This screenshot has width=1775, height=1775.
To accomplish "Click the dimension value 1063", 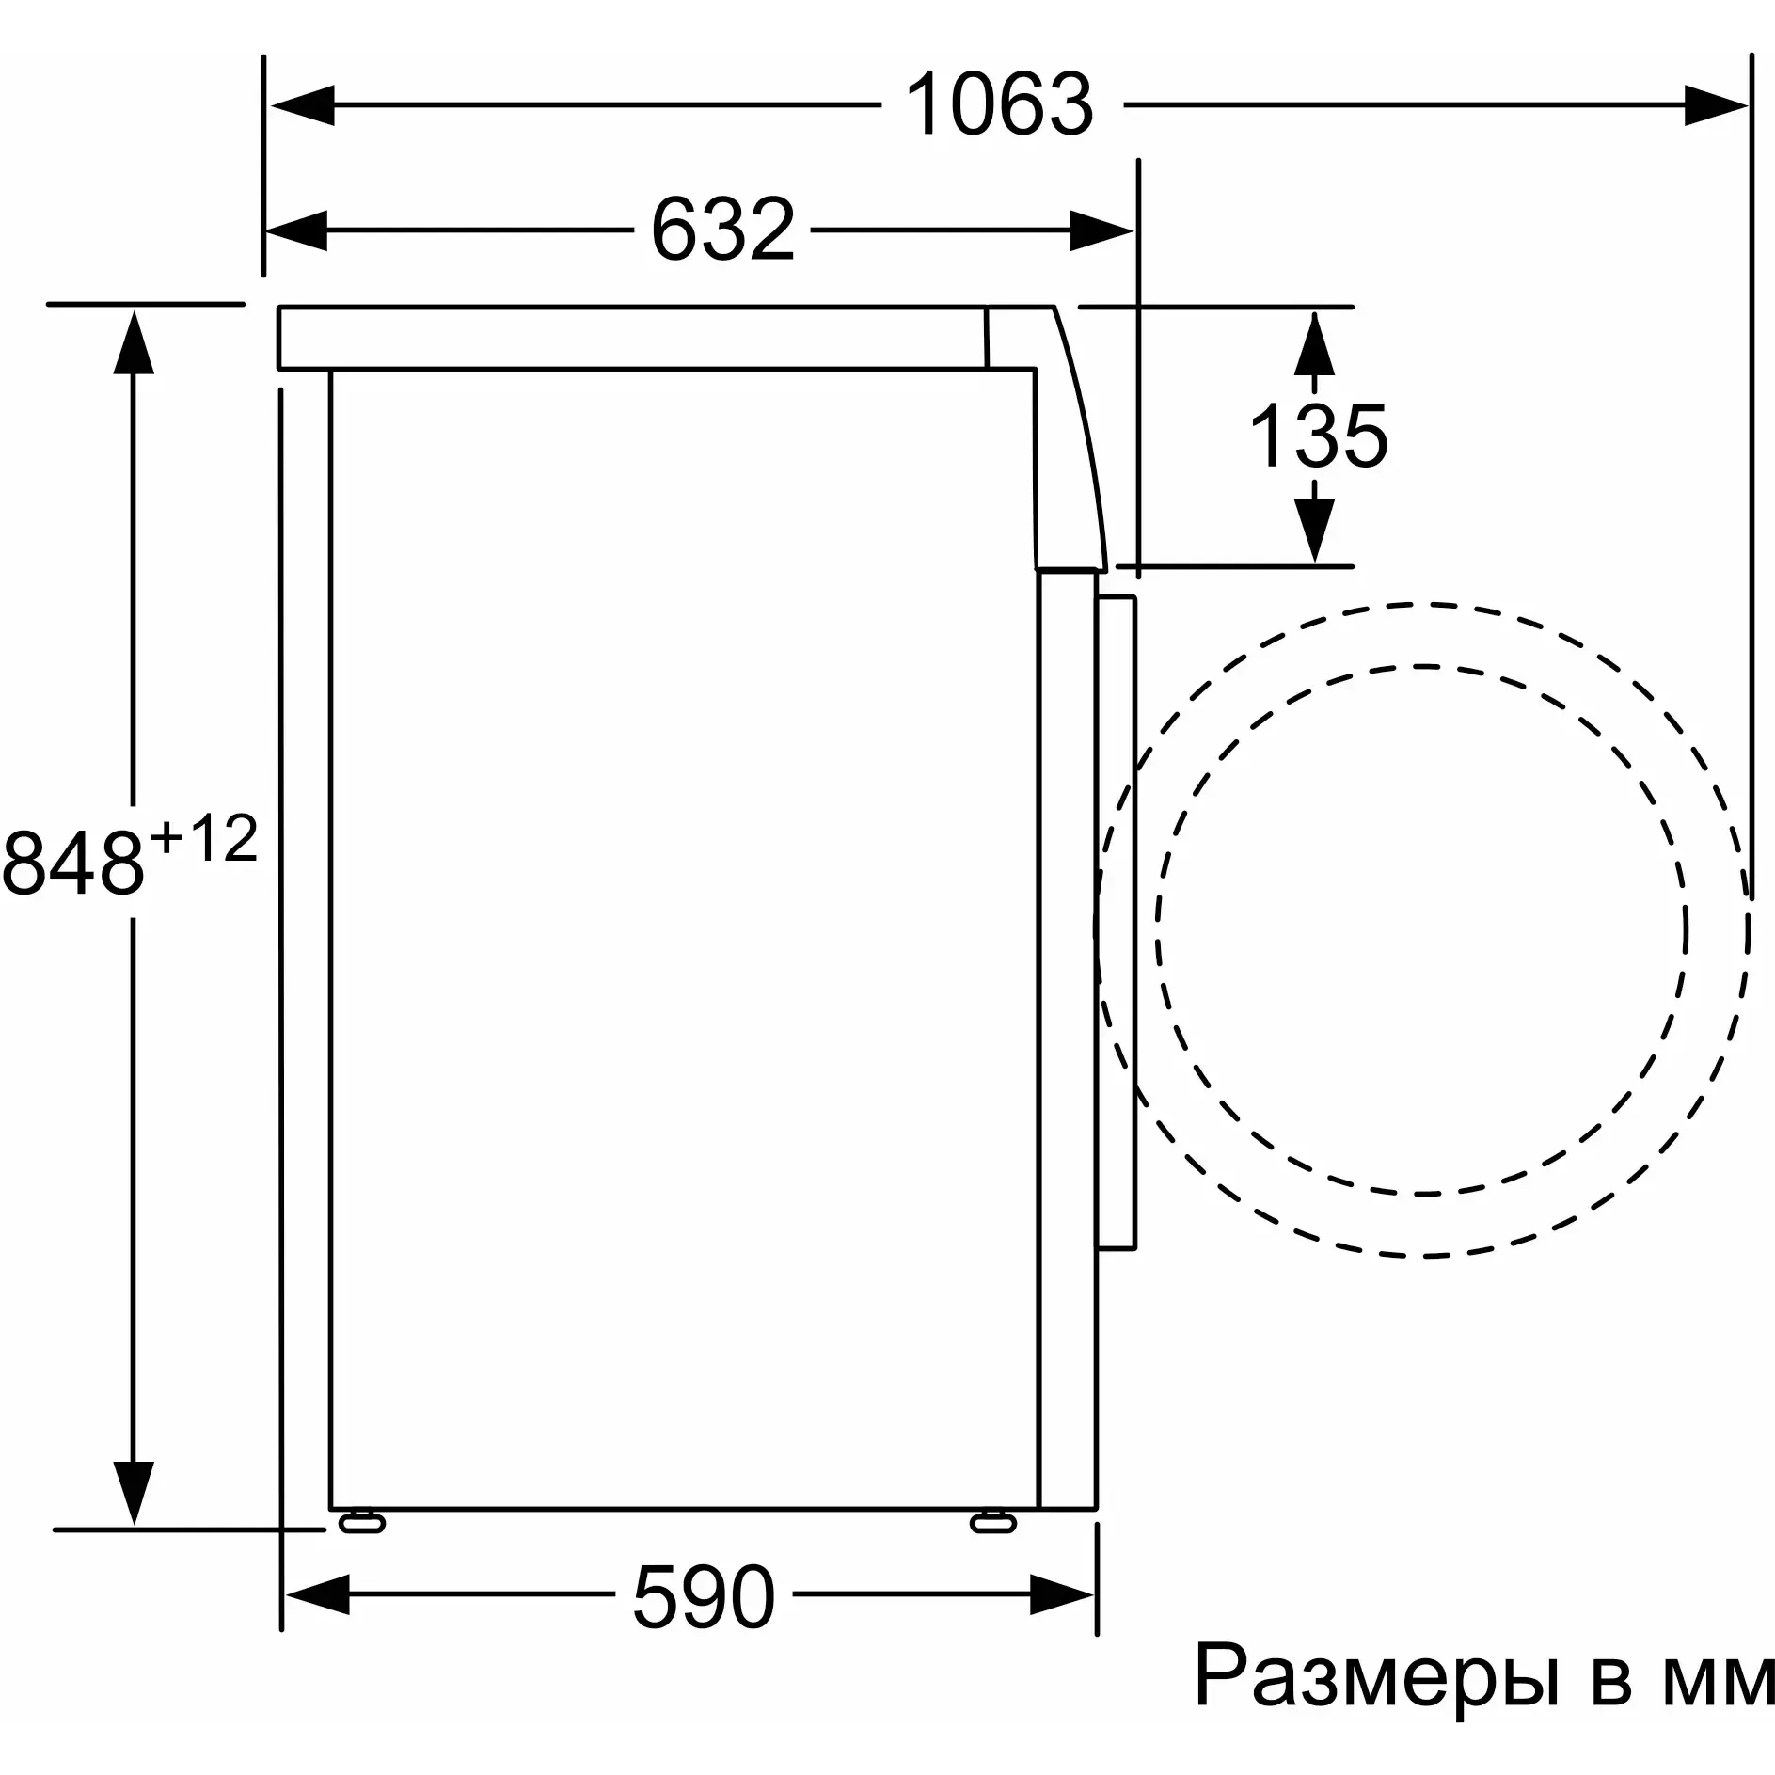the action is pos(1000,105).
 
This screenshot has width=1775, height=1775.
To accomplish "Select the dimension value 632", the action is pos(722,230).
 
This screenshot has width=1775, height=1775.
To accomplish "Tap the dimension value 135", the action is pos(1318,436).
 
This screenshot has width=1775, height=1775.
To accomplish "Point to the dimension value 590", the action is pos(704,1598).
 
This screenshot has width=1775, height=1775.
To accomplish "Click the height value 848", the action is pos(74,864).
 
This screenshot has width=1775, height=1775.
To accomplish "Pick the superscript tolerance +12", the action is pos(204,839).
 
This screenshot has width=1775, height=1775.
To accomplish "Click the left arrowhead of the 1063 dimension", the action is pos(301,105).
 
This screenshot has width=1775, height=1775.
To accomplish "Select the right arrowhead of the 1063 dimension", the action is pos(1716,105).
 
